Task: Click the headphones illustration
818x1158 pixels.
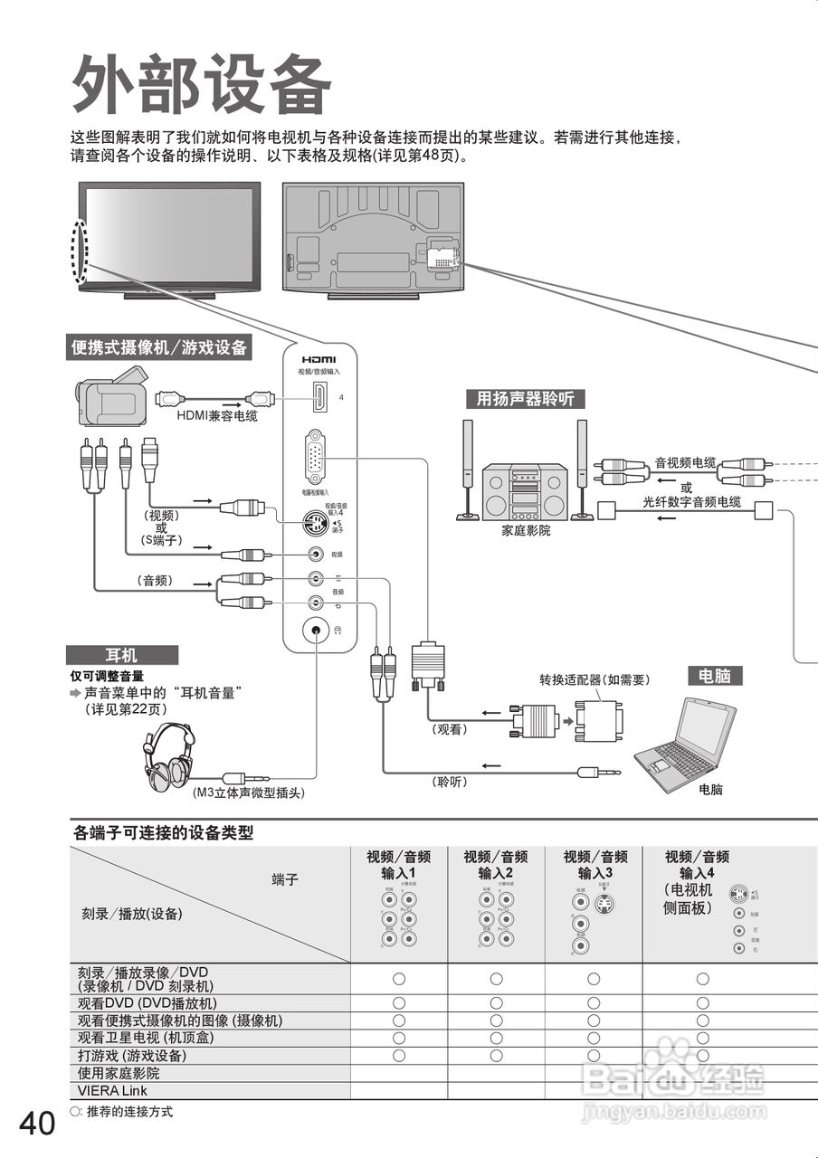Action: [171, 756]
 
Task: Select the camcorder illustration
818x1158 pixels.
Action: [110, 396]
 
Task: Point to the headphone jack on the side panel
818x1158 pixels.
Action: [316, 629]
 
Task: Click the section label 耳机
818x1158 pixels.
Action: [121, 655]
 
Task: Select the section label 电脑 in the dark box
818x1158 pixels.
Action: [715, 675]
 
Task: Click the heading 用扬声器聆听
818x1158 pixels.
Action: [525, 399]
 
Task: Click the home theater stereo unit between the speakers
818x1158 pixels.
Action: [524, 491]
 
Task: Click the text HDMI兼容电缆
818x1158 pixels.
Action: [216, 416]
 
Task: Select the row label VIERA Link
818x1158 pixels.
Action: [112, 1091]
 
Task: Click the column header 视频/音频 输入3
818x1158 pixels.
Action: [595, 865]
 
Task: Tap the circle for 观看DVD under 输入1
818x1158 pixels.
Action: [398, 1003]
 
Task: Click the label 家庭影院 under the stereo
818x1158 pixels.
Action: [526, 530]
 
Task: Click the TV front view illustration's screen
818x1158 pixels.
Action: [169, 232]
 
